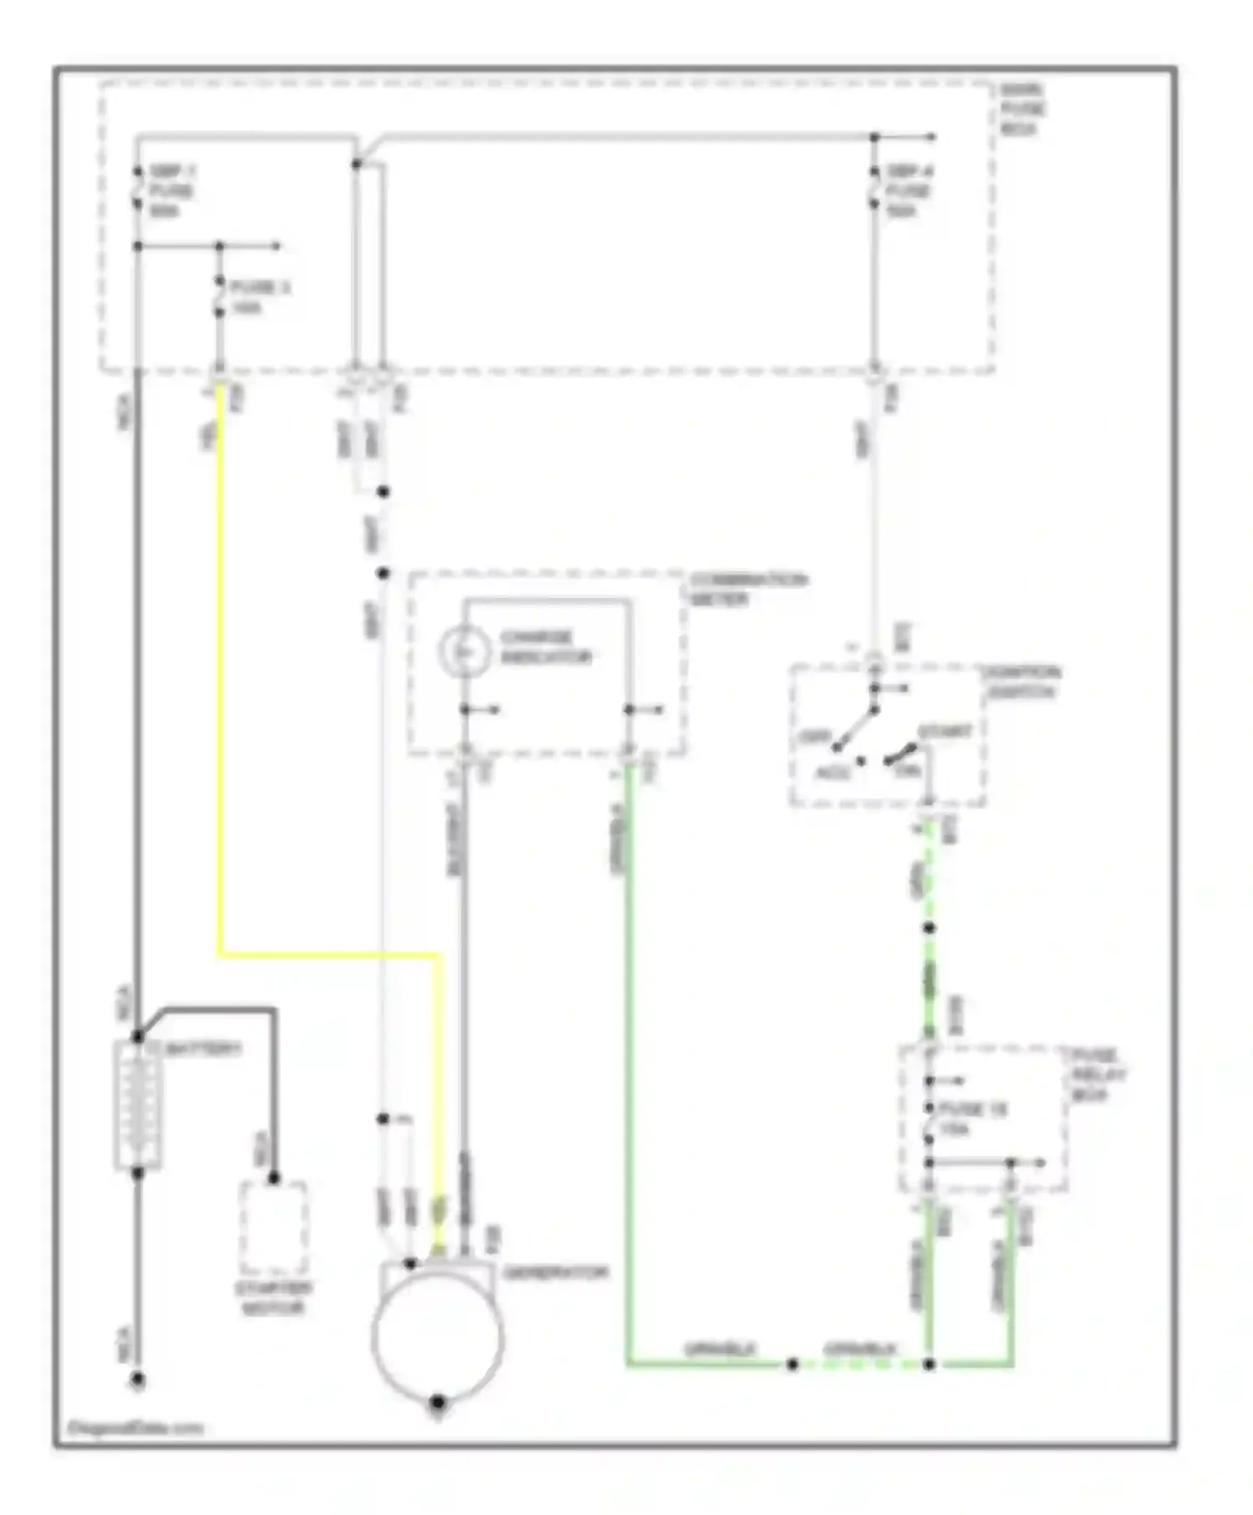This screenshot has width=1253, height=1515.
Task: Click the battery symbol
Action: [x=138, y=1104]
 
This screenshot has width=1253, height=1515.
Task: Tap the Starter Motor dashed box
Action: [x=273, y=1228]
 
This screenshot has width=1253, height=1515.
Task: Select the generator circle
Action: [x=437, y=1335]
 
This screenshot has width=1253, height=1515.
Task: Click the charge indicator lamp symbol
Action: [x=464, y=650]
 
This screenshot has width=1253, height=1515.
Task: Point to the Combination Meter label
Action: [x=748, y=589]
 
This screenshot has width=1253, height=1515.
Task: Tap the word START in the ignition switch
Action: [x=945, y=732]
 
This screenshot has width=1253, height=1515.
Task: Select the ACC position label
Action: [x=830, y=773]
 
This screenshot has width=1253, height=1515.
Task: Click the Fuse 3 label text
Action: [x=260, y=297]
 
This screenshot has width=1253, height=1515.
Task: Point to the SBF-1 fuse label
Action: [x=172, y=191]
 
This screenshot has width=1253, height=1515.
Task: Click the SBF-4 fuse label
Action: [x=910, y=191]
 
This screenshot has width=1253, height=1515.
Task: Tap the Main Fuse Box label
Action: [x=1022, y=109]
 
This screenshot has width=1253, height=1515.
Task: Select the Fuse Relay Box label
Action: [x=1098, y=1075]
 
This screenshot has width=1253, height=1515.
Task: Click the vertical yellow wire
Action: [x=221, y=668]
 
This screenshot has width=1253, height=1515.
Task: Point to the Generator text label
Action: [x=555, y=1273]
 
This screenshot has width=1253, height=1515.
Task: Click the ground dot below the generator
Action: [x=437, y=1402]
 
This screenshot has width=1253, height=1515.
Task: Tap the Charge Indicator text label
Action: [x=545, y=647]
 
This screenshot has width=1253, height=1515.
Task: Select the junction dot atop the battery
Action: [x=138, y=1037]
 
